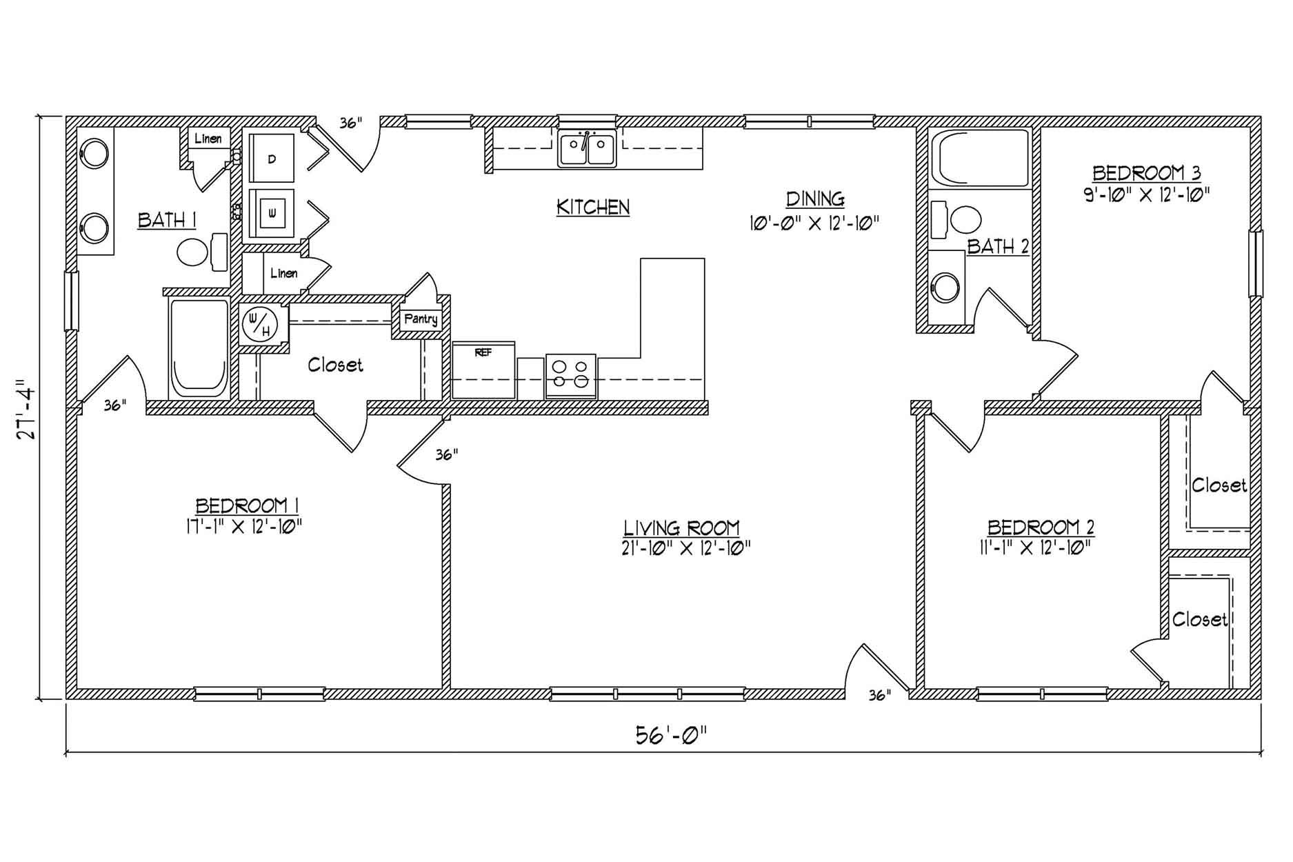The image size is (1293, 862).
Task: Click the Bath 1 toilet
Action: (x=203, y=251)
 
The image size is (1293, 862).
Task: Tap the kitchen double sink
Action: (x=587, y=149)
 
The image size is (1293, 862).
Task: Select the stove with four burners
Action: (x=570, y=376)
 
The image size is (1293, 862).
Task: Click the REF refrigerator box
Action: (x=483, y=370)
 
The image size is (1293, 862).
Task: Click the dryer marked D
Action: (x=271, y=158)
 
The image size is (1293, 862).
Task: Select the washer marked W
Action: (x=271, y=214)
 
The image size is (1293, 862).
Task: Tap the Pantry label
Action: (x=421, y=320)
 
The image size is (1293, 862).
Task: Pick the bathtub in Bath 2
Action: (x=980, y=158)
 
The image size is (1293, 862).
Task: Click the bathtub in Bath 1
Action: (x=199, y=348)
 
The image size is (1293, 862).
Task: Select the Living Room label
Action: (x=681, y=528)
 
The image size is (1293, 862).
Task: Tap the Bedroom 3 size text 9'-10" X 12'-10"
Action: (x=1146, y=194)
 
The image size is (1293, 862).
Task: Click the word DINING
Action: (x=815, y=199)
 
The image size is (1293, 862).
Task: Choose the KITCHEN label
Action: (x=593, y=207)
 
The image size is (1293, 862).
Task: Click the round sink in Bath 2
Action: (x=945, y=286)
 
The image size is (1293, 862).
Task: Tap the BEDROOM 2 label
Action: (x=1041, y=528)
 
